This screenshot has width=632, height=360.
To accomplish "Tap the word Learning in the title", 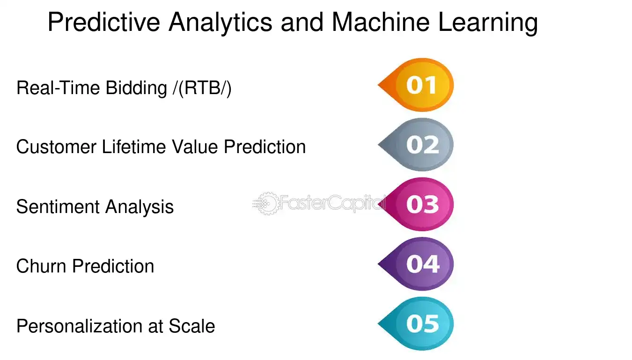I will (487, 22).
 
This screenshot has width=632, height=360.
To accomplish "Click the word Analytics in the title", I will (220, 22).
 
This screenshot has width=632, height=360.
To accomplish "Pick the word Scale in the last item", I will (192, 326).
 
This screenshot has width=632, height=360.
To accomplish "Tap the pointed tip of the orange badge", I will (380, 86).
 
